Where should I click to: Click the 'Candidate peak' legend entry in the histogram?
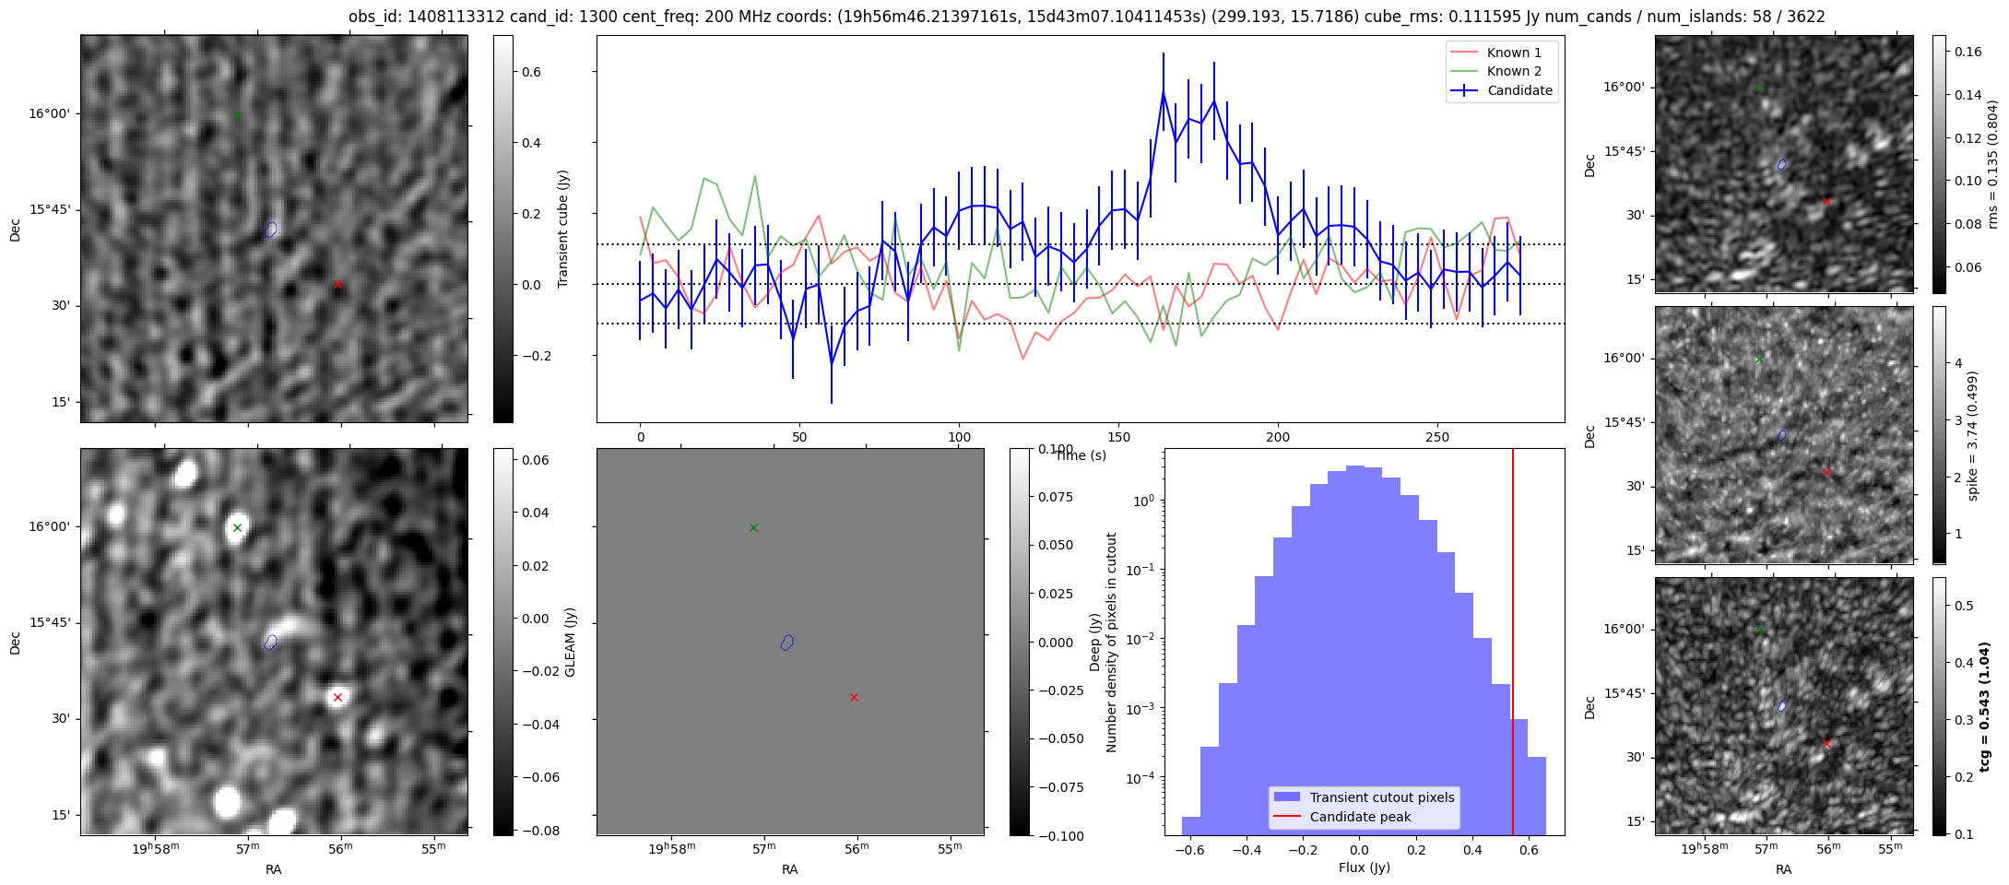(1360, 817)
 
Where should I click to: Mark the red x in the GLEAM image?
(337, 698)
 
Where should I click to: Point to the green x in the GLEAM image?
(237, 528)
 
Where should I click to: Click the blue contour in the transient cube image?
(271, 229)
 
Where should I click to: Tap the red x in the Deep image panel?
(854, 698)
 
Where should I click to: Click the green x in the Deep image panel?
(753, 528)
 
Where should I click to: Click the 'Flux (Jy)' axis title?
(1364, 867)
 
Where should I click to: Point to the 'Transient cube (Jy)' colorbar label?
(563, 229)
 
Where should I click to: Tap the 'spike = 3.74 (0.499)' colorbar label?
(1974, 435)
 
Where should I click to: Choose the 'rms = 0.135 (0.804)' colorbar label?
(1991, 164)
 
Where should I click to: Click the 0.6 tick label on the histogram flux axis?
(1529, 849)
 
